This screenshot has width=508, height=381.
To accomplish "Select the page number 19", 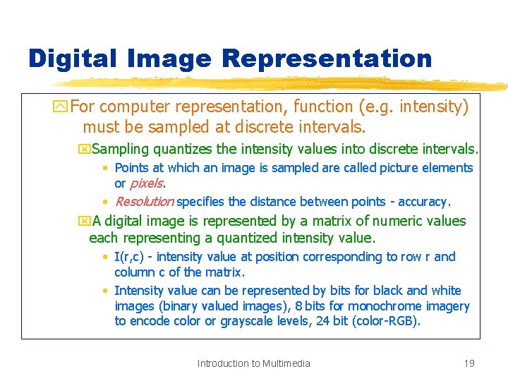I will coord(468,363).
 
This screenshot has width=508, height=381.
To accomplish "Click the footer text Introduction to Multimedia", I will coord(253,363).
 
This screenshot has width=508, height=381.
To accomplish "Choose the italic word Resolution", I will coord(144,202).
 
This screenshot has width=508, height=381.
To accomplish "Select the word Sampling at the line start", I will coord(121,149).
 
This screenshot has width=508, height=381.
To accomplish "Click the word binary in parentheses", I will coord(181,306).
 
